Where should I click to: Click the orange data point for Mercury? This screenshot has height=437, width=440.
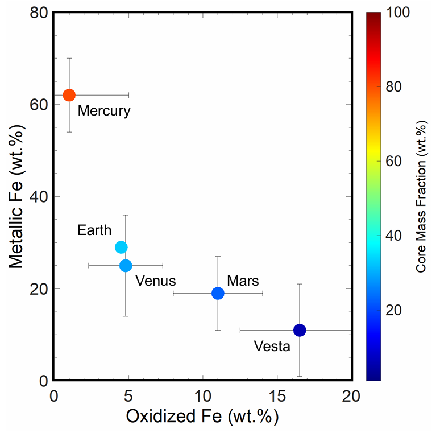pos(69,95)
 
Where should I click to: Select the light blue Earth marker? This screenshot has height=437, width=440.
pos(121,247)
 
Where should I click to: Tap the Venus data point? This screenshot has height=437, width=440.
pos(126,265)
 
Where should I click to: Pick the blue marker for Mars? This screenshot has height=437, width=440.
pos(218,293)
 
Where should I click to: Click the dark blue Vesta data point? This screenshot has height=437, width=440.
pos(300,330)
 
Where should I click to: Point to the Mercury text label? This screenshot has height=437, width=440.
pos(104,110)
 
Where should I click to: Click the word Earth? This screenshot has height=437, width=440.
pos(94,230)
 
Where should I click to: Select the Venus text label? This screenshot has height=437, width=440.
pos(155,281)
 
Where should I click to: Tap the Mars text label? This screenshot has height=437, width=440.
pos(243,281)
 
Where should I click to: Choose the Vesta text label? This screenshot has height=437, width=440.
pos(272,346)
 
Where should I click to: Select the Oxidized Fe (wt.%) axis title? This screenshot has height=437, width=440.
pos(202,417)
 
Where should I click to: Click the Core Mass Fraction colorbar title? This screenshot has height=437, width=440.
pos(421,196)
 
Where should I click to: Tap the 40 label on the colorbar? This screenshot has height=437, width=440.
pos(398,236)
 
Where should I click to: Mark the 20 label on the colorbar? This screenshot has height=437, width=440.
pos(398,310)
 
